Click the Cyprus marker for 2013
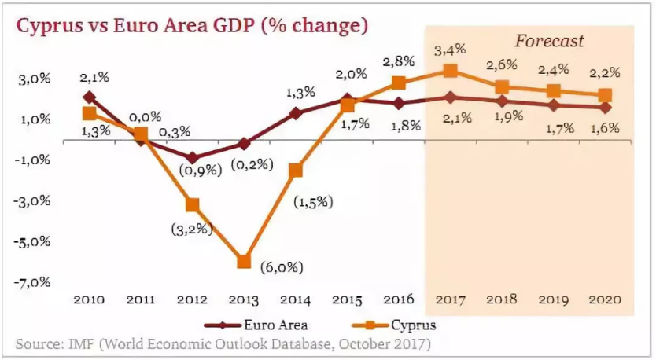click(243, 262)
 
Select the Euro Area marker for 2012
click(192, 158)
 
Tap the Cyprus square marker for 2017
click(451, 71)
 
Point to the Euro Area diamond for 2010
click(89, 97)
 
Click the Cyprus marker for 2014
click(296, 170)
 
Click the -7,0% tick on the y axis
click(33, 281)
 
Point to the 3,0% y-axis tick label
click(35, 79)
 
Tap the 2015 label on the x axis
click(347, 299)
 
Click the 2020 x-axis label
click(605, 299)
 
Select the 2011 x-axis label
click(140, 299)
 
